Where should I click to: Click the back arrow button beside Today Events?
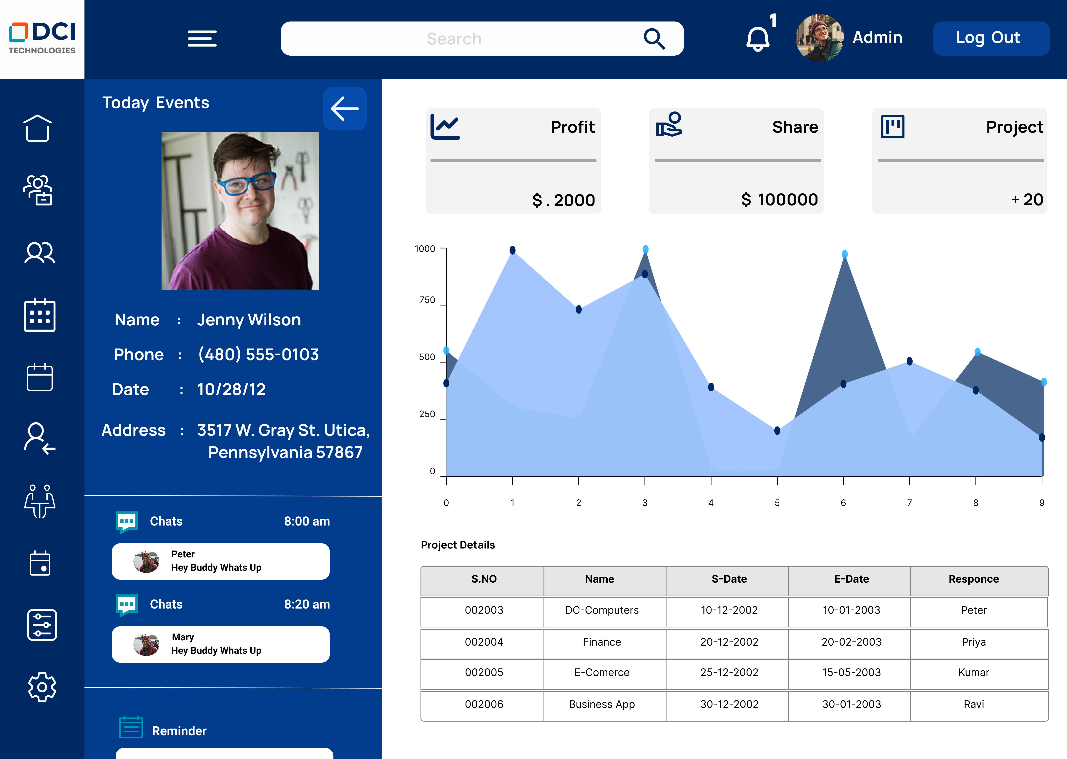pyautogui.click(x=345, y=108)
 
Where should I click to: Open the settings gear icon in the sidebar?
pyautogui.click(x=41, y=687)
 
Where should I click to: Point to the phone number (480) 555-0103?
pyautogui.click(x=258, y=355)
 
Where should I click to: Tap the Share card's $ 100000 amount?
pyautogui.click(x=779, y=200)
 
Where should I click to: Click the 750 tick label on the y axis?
pyautogui.click(x=427, y=300)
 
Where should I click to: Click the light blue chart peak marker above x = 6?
pyautogui.click(x=845, y=254)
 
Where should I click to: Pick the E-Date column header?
pyautogui.click(x=851, y=579)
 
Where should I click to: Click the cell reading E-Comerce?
pyautogui.click(x=602, y=672)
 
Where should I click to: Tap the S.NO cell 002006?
pyautogui.click(x=484, y=704)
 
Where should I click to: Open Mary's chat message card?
pyautogui.click(x=220, y=644)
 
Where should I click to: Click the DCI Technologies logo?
pyautogui.click(x=42, y=38)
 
